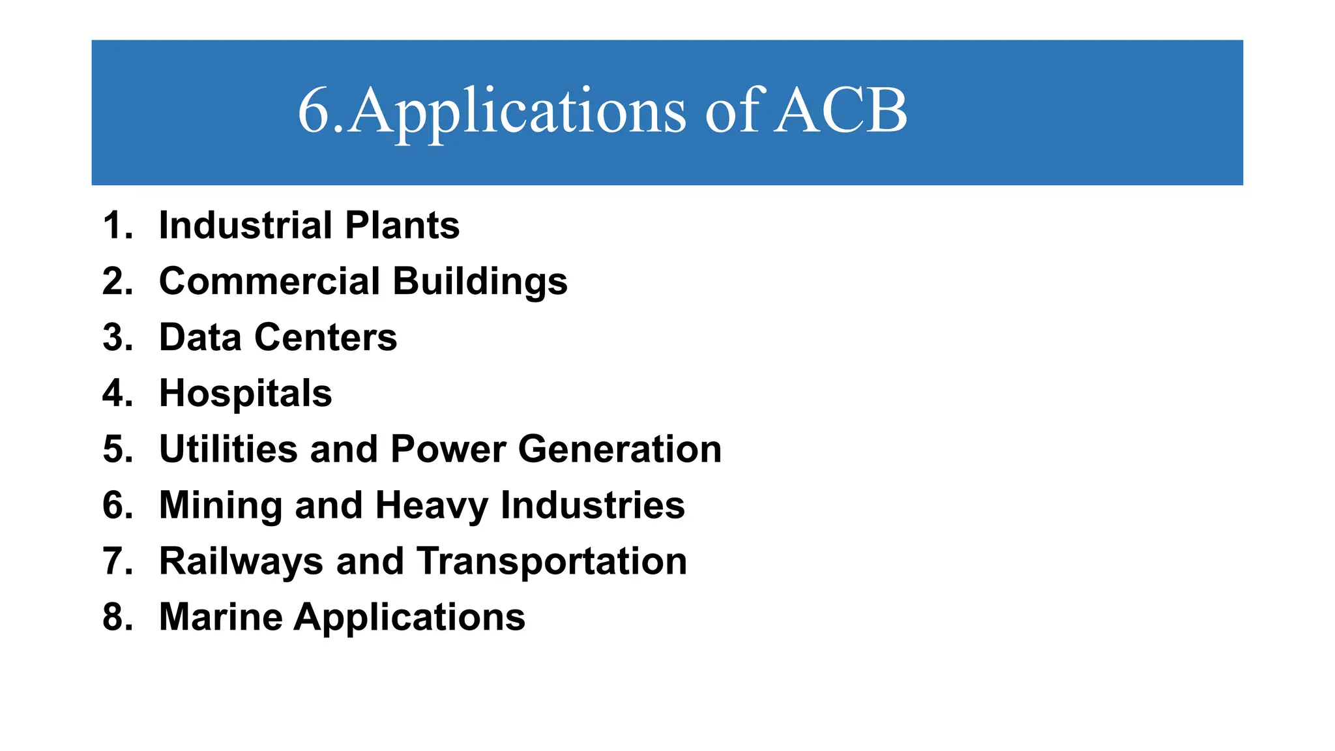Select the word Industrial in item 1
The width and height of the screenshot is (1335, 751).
point(245,226)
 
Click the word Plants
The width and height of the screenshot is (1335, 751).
point(402,226)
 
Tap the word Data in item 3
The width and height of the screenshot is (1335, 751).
point(200,338)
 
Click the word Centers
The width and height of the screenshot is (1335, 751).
point(325,338)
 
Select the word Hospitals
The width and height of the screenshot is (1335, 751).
point(246,394)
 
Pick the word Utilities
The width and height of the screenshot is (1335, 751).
point(228,450)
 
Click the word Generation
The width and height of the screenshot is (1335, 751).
point(620,450)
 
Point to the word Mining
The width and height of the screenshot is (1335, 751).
point(220,507)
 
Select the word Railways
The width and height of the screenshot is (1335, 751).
point(241,562)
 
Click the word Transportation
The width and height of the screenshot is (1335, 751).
point(552,562)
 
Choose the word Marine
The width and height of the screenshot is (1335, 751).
point(221,617)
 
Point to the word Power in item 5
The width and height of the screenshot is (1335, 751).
point(448,450)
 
